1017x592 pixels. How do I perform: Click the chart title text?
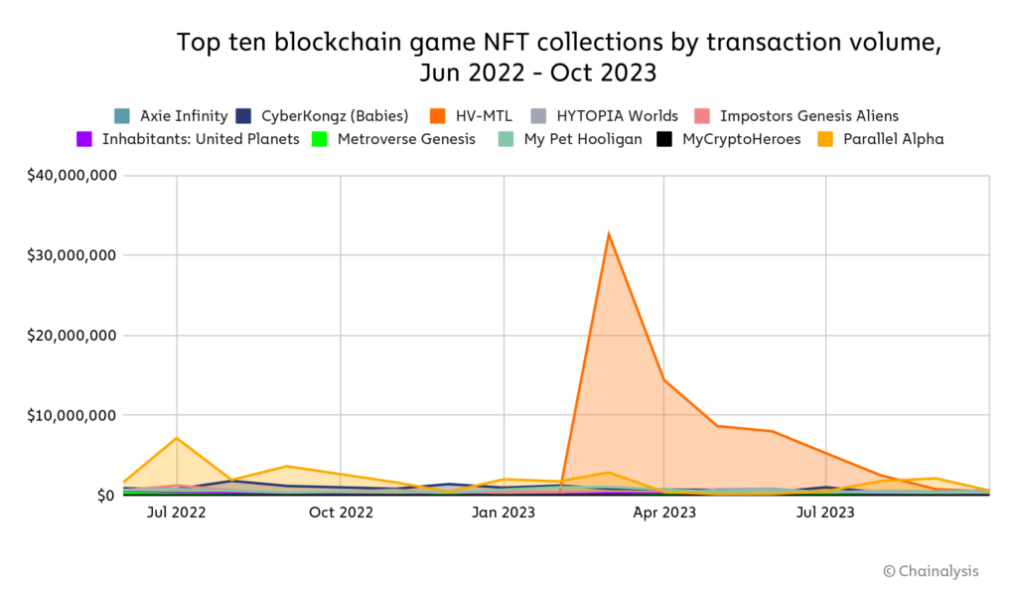click(558, 58)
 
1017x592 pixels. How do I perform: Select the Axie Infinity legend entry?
click(172, 115)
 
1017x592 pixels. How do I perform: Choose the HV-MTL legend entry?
click(471, 115)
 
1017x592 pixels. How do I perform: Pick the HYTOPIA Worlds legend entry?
click(605, 115)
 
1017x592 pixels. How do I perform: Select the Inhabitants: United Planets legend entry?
click(189, 139)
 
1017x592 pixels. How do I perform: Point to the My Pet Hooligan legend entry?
click(570, 139)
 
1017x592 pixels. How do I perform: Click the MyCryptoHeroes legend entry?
click(729, 139)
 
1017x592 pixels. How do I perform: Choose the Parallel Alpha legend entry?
click(881, 139)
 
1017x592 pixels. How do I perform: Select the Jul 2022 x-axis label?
click(177, 513)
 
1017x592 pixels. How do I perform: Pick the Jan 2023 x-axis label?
click(504, 513)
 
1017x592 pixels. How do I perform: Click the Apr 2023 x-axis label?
click(664, 513)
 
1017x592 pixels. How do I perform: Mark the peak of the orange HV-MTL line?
click(608, 234)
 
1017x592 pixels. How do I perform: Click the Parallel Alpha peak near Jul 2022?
click(177, 438)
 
